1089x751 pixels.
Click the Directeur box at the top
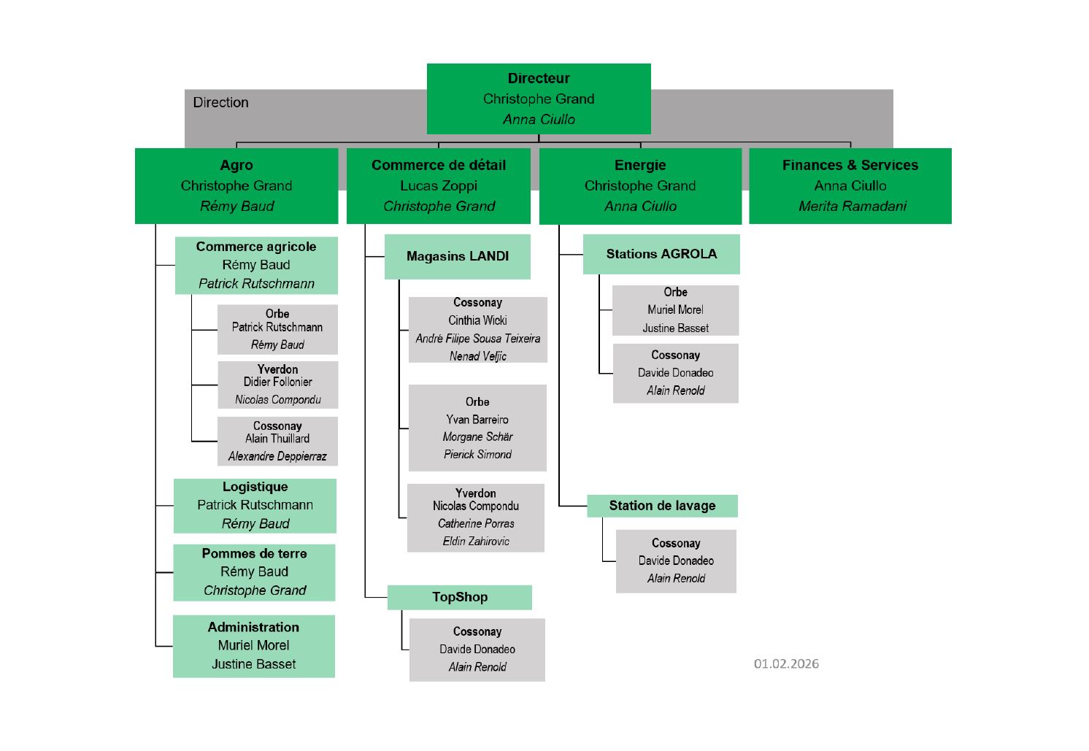tap(539, 99)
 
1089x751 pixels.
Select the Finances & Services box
tap(850, 185)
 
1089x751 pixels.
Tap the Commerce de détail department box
tap(439, 185)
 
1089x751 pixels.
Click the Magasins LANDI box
tap(458, 256)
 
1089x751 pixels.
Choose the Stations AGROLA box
tap(661, 254)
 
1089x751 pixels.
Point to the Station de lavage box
tap(662, 506)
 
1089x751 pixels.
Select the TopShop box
tap(460, 597)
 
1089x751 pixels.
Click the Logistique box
tap(255, 505)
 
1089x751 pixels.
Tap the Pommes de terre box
tap(254, 572)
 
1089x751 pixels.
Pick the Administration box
tap(253, 646)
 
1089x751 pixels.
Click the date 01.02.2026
tap(786, 663)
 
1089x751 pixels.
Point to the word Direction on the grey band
tap(220, 102)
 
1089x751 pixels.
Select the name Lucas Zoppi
tap(439, 185)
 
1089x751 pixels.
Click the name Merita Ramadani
tap(852, 206)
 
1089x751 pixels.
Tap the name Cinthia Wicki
tap(477, 320)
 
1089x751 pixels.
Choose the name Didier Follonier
tap(277, 382)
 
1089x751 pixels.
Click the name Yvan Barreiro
tap(477, 420)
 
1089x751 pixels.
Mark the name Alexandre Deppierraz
tap(277, 456)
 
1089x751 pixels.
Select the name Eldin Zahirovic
tap(476, 541)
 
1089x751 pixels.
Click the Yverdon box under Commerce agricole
tap(277, 385)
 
